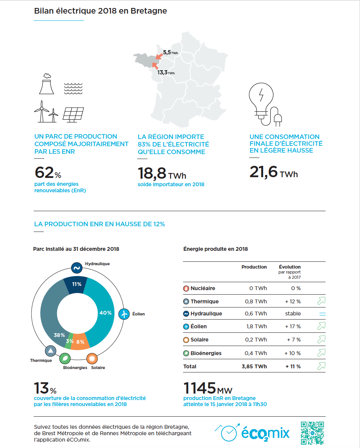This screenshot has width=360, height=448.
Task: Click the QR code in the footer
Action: [312, 433]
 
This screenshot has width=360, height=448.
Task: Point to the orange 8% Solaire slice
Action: [80, 341]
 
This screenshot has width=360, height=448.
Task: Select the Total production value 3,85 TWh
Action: [254, 366]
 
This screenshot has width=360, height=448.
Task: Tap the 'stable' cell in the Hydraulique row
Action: [293, 314]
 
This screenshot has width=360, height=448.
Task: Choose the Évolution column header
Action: [290, 267]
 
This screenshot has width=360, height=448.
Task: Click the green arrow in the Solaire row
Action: [321, 340]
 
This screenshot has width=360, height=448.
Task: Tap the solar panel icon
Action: [73, 115]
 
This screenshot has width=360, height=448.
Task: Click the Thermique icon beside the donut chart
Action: [51, 351]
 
